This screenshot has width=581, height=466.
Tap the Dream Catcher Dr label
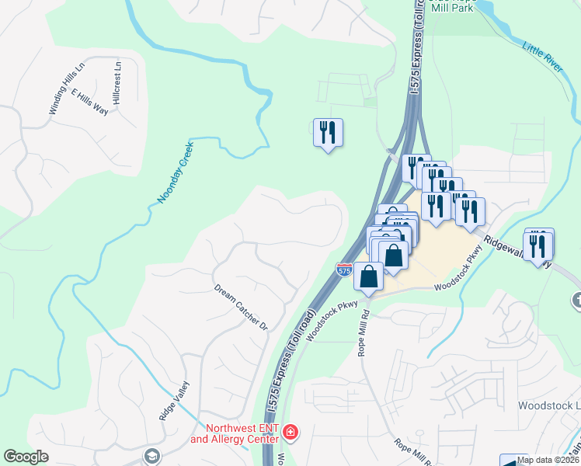240,306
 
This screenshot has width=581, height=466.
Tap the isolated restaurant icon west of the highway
328,133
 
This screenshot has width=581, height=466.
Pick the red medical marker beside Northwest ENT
290,431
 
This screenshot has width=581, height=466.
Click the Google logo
26,457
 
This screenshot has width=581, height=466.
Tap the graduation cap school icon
151,457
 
